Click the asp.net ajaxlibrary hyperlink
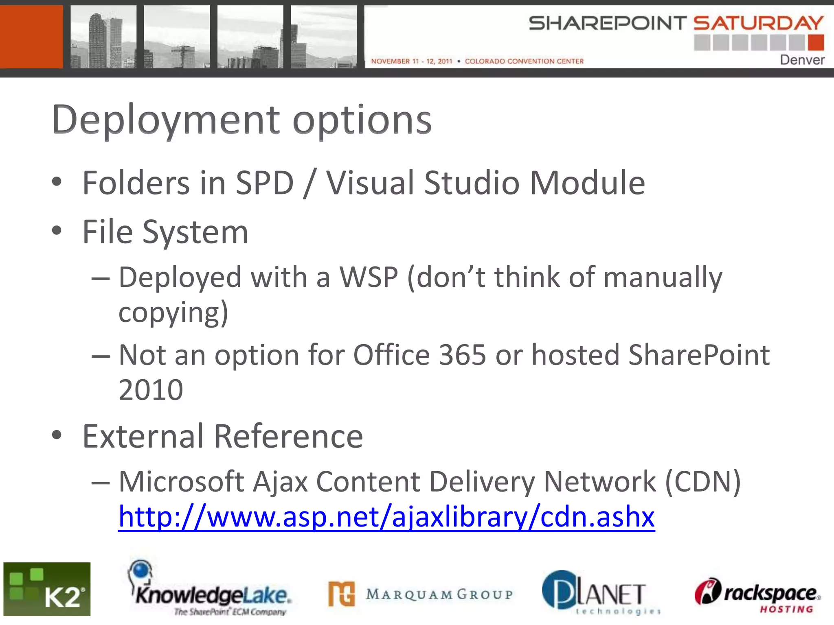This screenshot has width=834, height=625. (386, 517)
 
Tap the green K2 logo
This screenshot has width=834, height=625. (47, 589)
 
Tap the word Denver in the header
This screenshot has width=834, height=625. (802, 60)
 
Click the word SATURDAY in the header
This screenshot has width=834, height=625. (758, 23)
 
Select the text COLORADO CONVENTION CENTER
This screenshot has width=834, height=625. (524, 61)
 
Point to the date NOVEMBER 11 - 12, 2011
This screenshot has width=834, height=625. (411, 61)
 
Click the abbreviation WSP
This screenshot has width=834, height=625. (369, 278)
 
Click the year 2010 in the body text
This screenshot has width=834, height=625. (151, 390)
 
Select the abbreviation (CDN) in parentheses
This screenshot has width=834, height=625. (702, 482)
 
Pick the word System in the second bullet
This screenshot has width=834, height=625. (195, 232)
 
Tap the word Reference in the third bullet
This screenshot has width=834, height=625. (288, 436)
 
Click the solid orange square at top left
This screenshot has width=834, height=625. (31, 37)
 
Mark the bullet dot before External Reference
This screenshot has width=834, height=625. (57, 435)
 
